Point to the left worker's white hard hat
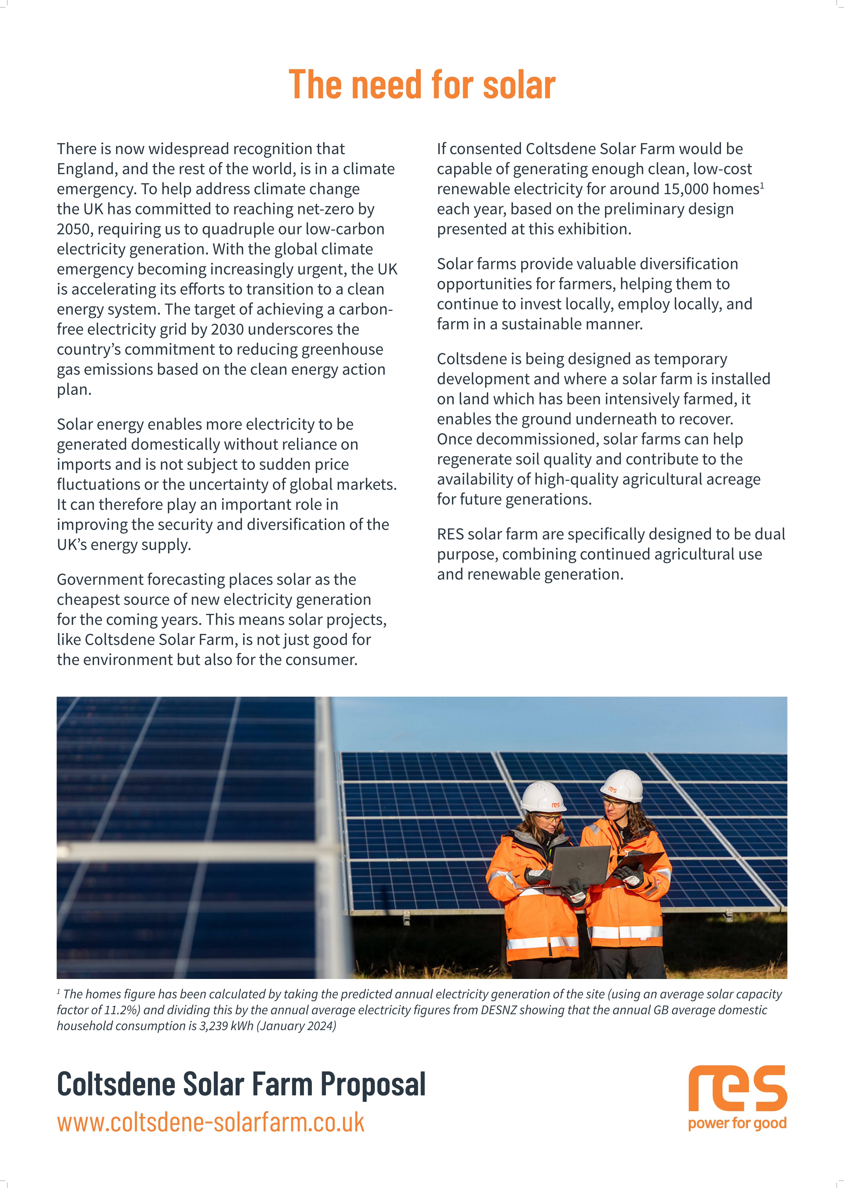(x=542, y=796)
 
